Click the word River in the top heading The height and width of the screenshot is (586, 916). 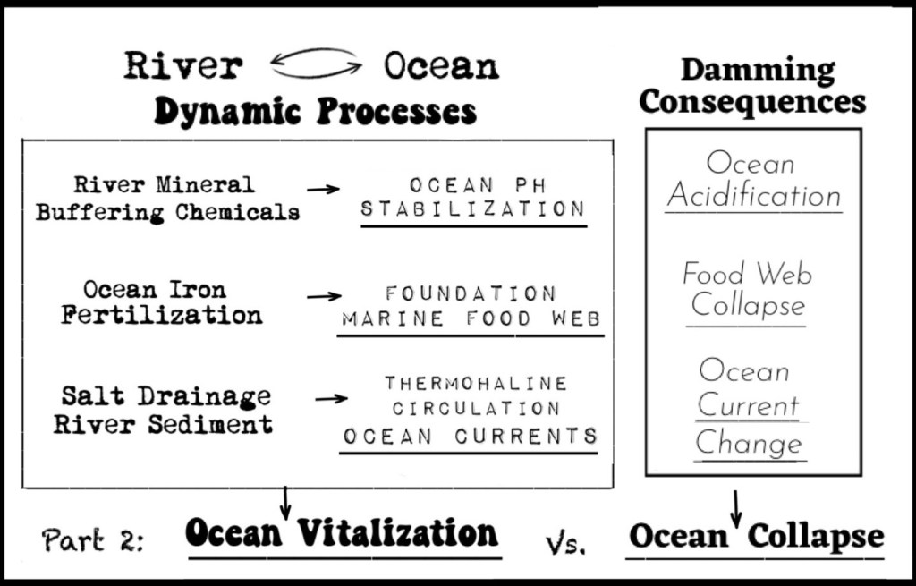tap(183, 65)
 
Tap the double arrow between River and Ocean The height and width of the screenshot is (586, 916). tap(316, 64)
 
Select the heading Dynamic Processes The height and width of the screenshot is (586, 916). tap(315, 112)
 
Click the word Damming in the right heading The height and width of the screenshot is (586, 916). tap(758, 70)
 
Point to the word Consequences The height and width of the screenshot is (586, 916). tap(752, 102)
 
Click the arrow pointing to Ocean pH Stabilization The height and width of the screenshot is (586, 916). tap(323, 189)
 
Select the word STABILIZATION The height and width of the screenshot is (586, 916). tap(473, 209)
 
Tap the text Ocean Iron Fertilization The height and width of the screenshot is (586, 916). tap(161, 302)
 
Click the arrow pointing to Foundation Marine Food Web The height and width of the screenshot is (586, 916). tap(324, 296)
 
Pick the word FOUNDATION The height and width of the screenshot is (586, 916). tap(471, 293)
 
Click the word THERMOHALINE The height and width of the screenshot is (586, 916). tap(476, 383)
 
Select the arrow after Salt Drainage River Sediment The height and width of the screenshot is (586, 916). tap(331, 398)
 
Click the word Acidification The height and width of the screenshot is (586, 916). tap(754, 196)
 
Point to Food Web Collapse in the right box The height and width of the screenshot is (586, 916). tap(748, 289)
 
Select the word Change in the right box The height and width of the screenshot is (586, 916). tap(749, 443)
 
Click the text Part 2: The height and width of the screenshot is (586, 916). tap(92, 540)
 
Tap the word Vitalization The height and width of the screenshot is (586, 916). tap(397, 533)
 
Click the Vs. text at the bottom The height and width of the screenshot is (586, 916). tap(565, 543)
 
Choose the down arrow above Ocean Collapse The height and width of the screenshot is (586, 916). tap(736, 508)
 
